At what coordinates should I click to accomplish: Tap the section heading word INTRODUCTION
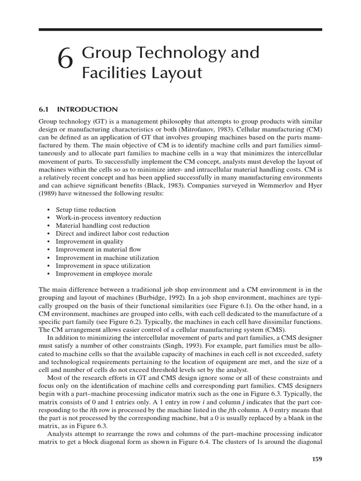(87, 109)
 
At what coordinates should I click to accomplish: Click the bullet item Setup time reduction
(86, 209)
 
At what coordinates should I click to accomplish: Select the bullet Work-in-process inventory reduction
(108, 217)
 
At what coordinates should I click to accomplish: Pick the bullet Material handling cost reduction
(102, 225)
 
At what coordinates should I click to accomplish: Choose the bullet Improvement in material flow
(98, 249)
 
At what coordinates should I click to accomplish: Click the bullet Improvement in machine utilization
(107, 257)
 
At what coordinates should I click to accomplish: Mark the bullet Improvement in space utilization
(103, 265)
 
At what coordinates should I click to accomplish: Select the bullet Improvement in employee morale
(104, 273)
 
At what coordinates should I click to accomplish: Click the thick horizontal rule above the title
(180, 30)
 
